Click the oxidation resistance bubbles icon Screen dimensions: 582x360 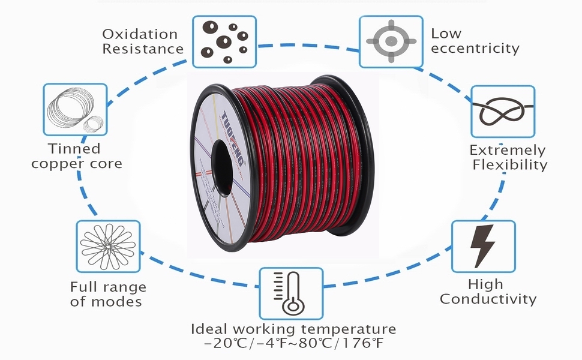click(x=224, y=41)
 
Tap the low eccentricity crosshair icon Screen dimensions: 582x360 click(x=391, y=41)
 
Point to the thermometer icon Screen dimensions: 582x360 click(x=290, y=293)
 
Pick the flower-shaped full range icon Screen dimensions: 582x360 click(x=108, y=246)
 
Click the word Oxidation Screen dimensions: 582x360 click(x=140, y=34)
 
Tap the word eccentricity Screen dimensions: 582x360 click(x=475, y=49)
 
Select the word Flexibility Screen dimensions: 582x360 click(x=509, y=164)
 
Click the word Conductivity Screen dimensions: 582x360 click(x=488, y=299)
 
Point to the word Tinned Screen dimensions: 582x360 click(x=74, y=148)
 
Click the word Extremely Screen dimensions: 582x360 click(x=508, y=150)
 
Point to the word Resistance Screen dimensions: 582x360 click(x=142, y=49)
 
